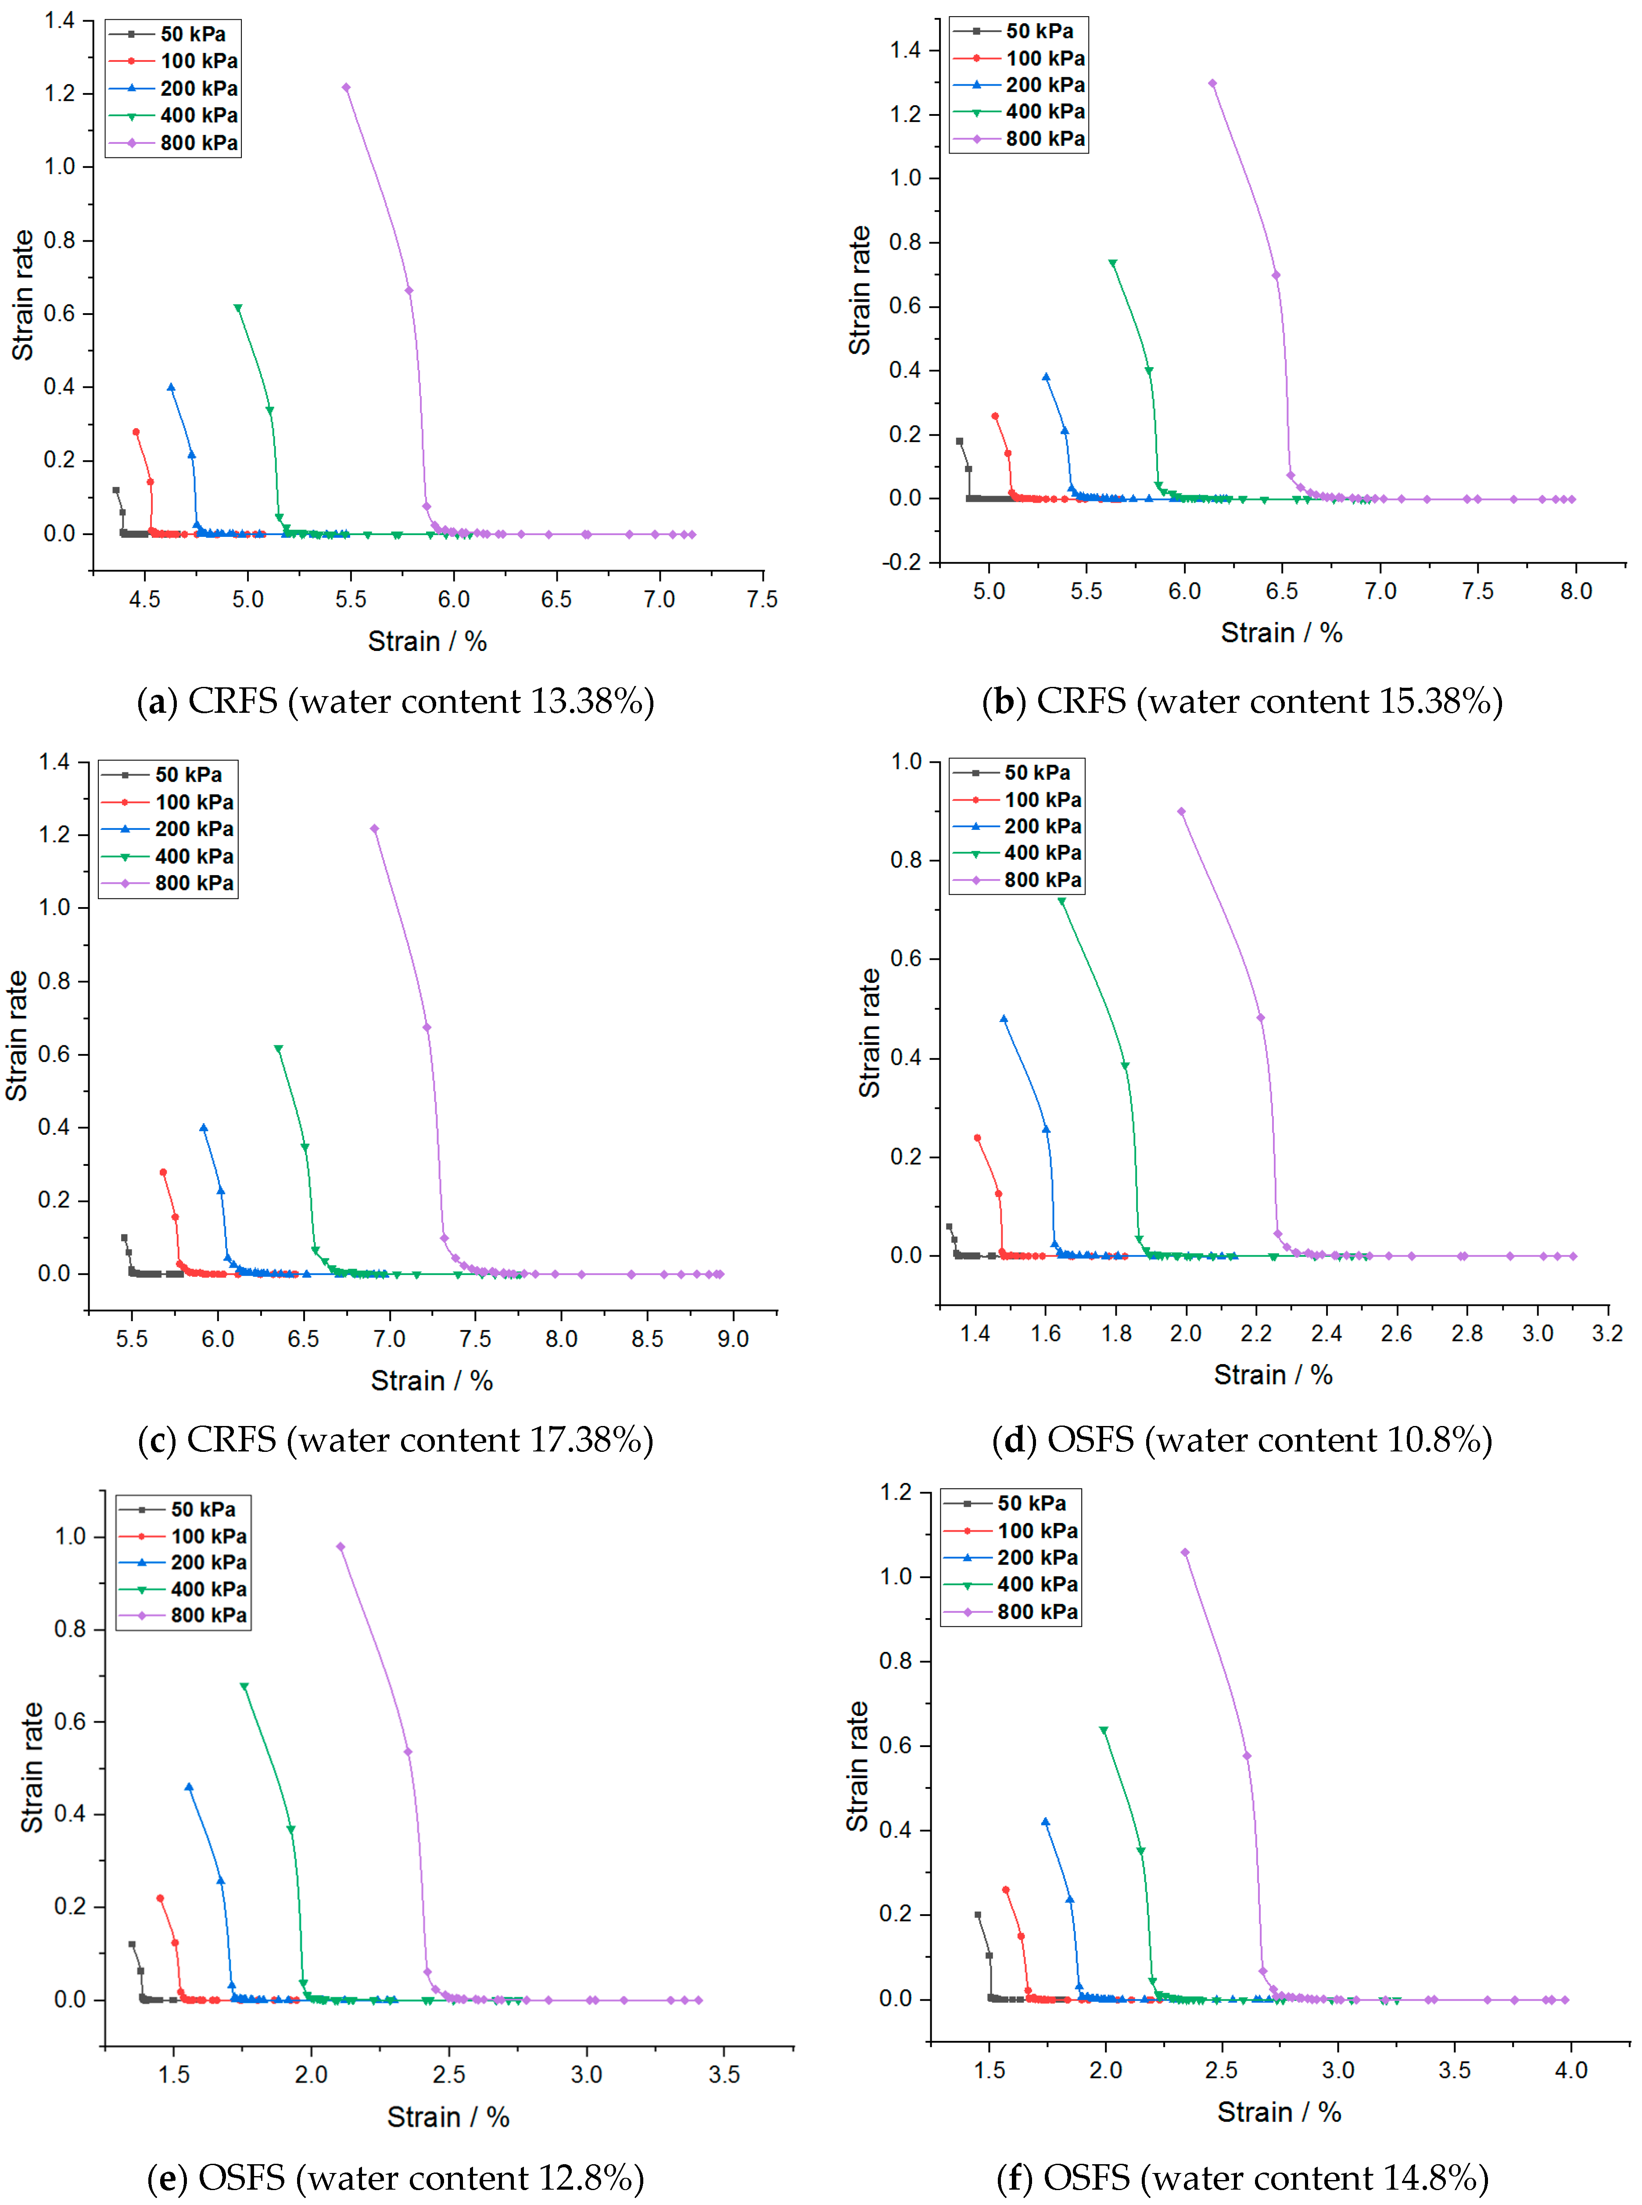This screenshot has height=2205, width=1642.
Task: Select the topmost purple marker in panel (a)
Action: click(x=346, y=87)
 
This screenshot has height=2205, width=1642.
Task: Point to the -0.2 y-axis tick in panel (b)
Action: click(x=903, y=562)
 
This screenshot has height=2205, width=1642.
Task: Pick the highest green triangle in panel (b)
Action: click(x=1112, y=263)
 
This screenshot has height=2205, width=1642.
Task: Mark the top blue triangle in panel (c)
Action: click(x=204, y=1128)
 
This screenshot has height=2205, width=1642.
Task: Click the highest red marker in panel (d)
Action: click(x=977, y=1138)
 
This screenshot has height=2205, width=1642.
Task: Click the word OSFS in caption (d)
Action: click(x=1090, y=1440)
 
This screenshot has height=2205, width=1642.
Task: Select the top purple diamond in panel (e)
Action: click(x=340, y=1546)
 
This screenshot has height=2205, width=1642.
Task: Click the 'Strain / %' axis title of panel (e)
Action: click(x=448, y=2118)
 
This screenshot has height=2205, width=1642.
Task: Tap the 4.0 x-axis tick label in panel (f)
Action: click(x=1570, y=2070)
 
